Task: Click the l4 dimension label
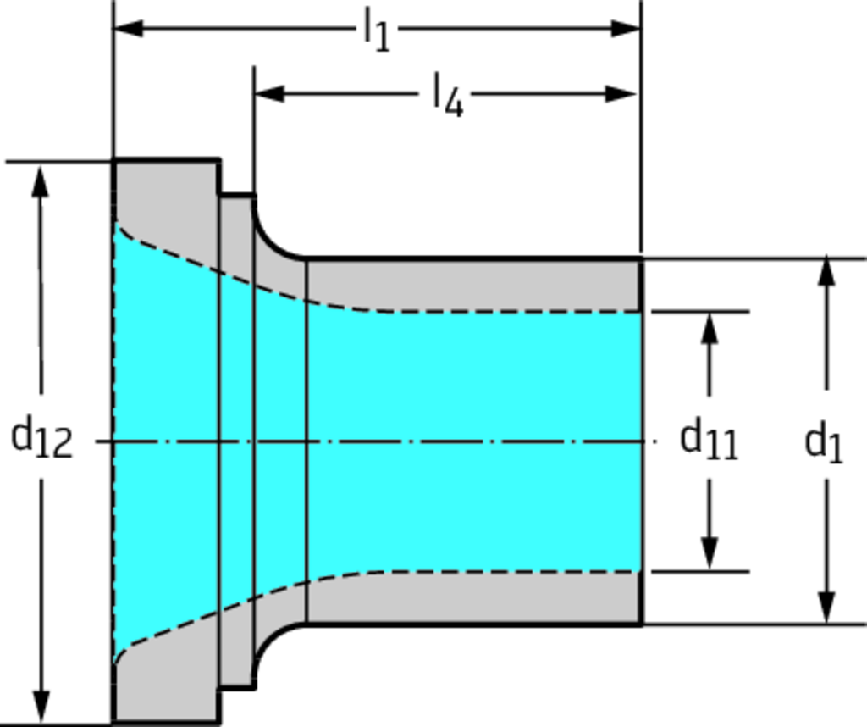tap(448, 95)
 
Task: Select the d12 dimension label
tap(41, 439)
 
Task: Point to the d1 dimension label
tap(823, 441)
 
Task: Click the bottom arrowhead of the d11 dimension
tap(710, 554)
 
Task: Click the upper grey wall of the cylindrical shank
tap(474, 284)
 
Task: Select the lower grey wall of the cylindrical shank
tap(474, 598)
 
